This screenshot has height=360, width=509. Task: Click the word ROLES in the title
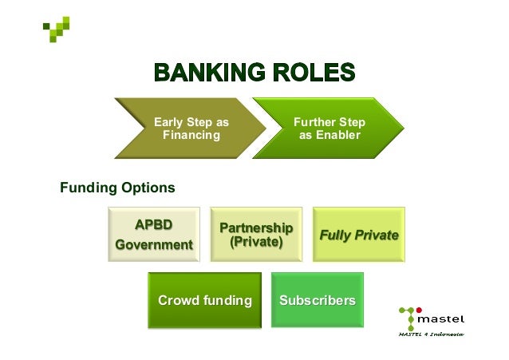pyautogui.click(x=314, y=73)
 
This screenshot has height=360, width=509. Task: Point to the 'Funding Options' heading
pyautogui.click(x=117, y=188)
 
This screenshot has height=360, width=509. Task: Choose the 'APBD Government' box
pyautogui.click(x=154, y=234)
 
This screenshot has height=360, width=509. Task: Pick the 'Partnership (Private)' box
pyautogui.click(x=256, y=234)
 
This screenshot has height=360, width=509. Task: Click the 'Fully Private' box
pyautogui.click(x=358, y=235)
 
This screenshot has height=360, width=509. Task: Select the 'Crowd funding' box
pyautogui.click(x=204, y=300)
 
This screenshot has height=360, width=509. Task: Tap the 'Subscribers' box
pyautogui.click(x=317, y=300)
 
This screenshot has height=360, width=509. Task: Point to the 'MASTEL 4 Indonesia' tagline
pyautogui.click(x=431, y=334)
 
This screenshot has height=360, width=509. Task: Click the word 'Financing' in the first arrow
pyautogui.click(x=191, y=135)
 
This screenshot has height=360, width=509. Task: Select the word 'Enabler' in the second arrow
pyautogui.click(x=329, y=135)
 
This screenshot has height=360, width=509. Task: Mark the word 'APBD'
pyautogui.click(x=154, y=223)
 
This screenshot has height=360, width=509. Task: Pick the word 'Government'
pyautogui.click(x=154, y=244)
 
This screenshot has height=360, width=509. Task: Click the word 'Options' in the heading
pyautogui.click(x=148, y=188)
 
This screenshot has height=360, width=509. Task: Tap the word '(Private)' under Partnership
pyautogui.click(x=256, y=240)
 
